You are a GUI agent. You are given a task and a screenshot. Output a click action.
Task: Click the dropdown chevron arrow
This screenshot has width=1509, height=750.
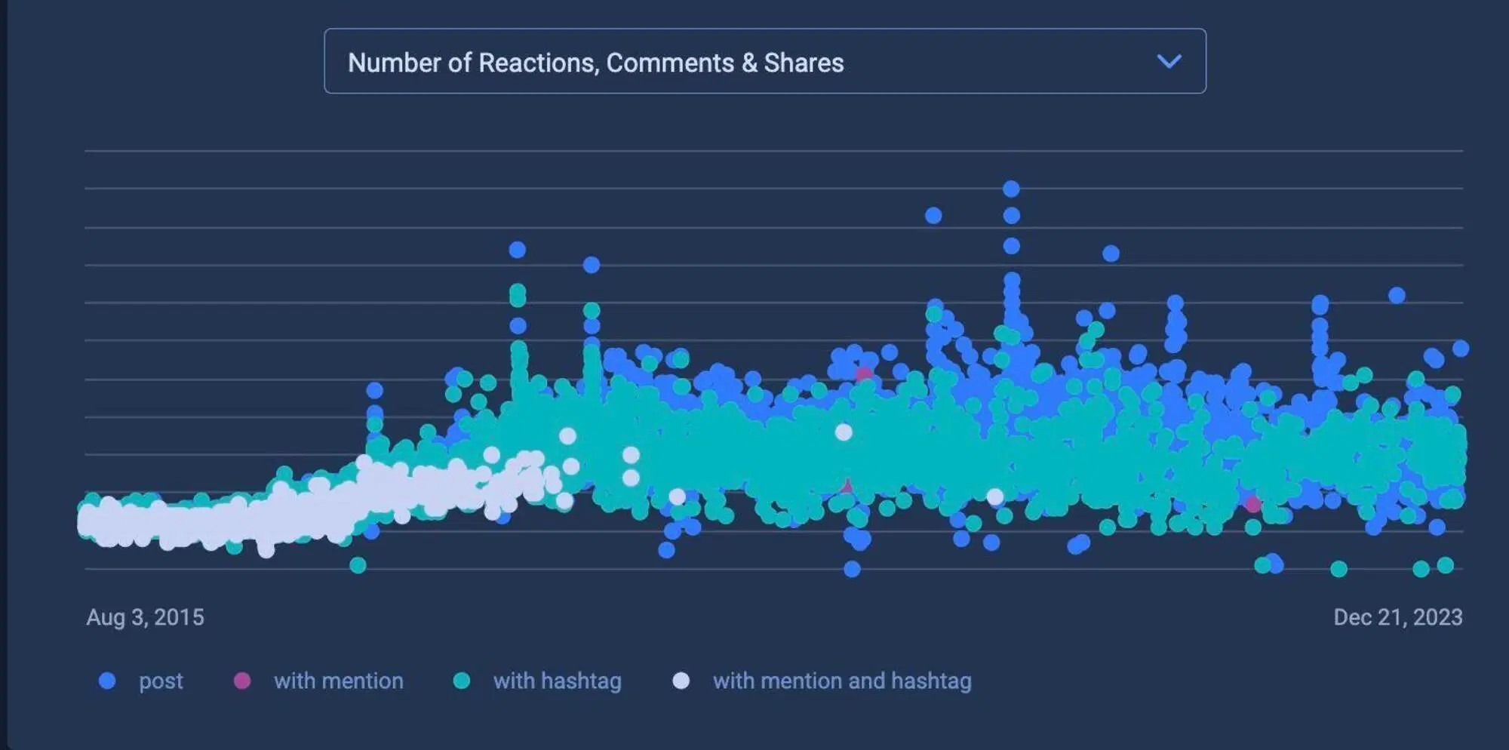tap(1169, 61)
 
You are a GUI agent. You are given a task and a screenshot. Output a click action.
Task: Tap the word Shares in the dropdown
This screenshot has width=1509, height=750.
tap(804, 63)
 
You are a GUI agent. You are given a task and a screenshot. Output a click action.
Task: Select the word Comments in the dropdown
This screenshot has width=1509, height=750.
tap(670, 63)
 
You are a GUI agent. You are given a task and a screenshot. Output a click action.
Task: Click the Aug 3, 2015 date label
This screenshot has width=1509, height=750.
tap(145, 617)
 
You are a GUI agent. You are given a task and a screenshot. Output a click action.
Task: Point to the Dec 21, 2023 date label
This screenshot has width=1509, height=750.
tap(1397, 617)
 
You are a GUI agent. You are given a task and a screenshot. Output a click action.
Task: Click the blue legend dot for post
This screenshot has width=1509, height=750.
tap(107, 681)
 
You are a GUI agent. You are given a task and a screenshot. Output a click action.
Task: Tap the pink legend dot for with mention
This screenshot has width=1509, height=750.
tap(241, 681)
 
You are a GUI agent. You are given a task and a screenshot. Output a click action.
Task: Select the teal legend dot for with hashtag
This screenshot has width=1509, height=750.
tap(461, 681)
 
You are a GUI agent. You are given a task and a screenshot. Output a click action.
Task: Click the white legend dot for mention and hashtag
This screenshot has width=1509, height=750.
tap(681, 681)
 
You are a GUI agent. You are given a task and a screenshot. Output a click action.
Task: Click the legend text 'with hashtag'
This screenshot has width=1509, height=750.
tap(557, 681)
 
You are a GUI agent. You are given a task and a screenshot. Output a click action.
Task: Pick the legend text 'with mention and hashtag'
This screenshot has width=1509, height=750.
tap(842, 681)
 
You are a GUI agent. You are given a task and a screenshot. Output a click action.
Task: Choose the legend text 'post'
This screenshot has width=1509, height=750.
tap(161, 681)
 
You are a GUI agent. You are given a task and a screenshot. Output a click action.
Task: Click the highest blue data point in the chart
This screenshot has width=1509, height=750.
tap(1011, 189)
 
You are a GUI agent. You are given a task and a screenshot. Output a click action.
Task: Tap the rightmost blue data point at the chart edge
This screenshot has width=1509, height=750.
tap(1460, 348)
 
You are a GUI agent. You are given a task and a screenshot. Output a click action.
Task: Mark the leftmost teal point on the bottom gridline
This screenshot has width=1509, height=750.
tap(358, 564)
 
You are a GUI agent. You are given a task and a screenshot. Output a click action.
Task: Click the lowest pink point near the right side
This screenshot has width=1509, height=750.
tap(1252, 504)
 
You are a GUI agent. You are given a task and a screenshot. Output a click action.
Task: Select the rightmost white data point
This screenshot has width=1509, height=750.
tap(995, 496)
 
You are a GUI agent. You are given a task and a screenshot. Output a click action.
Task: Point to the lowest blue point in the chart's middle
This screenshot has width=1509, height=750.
tap(852, 569)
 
